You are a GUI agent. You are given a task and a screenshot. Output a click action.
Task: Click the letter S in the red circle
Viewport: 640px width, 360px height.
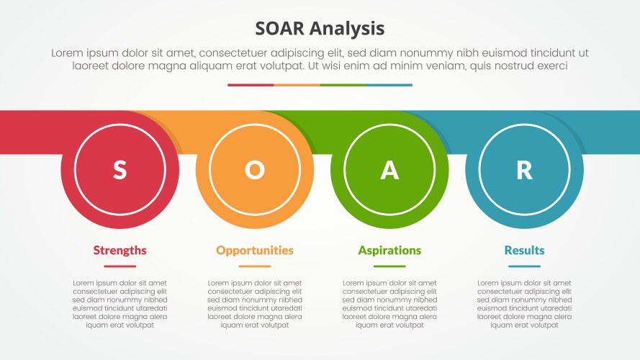(x=120, y=170)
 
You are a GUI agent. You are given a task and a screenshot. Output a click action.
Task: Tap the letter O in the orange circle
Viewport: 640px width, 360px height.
(x=254, y=170)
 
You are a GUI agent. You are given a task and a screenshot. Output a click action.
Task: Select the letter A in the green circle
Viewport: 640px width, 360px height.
(x=389, y=170)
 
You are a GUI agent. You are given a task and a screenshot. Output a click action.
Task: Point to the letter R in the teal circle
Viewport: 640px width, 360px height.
(x=524, y=170)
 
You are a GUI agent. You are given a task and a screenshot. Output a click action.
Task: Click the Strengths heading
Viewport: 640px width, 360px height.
(x=120, y=251)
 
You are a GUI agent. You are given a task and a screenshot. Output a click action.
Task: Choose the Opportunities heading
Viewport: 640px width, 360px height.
(x=254, y=251)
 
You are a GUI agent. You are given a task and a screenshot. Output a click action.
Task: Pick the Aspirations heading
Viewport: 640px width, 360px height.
(x=389, y=251)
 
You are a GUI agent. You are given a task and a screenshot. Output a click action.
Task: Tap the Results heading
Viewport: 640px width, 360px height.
(x=524, y=251)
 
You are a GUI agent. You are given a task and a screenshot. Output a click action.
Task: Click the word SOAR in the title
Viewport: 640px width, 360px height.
(x=281, y=29)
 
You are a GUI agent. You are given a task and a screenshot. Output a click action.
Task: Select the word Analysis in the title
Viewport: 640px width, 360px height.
(x=348, y=29)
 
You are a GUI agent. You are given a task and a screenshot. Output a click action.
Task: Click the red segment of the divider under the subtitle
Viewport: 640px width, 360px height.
(x=251, y=85)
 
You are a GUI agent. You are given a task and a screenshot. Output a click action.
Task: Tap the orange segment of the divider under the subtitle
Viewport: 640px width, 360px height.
(x=297, y=85)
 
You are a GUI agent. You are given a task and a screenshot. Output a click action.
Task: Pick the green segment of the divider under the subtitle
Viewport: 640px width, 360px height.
(x=343, y=85)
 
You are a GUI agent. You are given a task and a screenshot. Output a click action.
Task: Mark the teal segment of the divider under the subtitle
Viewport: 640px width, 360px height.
(x=389, y=85)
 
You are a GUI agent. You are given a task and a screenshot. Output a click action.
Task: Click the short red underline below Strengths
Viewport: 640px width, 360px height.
(x=120, y=266)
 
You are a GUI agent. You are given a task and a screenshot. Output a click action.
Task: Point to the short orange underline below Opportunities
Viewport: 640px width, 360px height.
(x=254, y=266)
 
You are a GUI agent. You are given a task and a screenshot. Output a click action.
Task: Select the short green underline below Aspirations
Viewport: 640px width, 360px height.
(x=389, y=266)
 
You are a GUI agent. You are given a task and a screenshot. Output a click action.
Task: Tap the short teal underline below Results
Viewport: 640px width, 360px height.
(x=524, y=266)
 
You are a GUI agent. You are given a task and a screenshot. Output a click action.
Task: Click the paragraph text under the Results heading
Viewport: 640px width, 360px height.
(x=524, y=304)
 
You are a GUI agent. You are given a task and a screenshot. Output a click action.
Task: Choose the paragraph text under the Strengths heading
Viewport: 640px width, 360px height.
(x=120, y=304)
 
